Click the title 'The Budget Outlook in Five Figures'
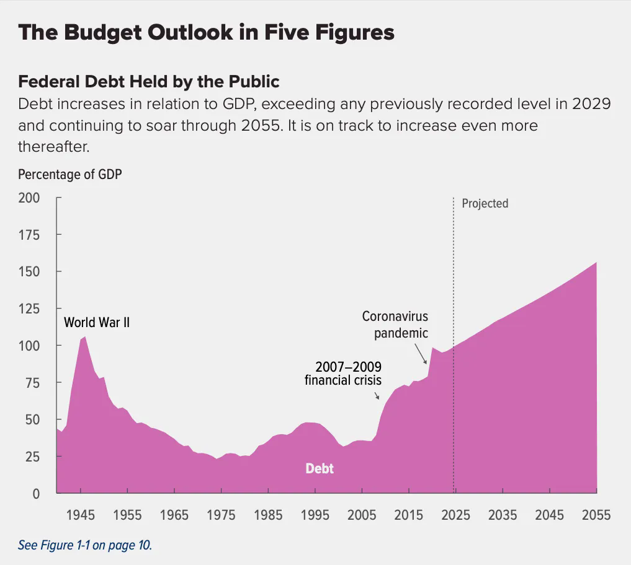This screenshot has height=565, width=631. tap(205, 32)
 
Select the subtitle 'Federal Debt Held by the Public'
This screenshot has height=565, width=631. tap(149, 81)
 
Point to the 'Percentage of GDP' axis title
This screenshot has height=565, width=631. tap(69, 174)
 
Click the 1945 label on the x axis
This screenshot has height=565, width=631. tap(81, 515)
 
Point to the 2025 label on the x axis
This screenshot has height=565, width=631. tap(455, 515)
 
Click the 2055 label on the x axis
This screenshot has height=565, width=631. tap(596, 515)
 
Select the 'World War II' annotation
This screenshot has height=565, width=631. tap(97, 323)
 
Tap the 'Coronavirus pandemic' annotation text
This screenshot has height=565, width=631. tap(395, 325)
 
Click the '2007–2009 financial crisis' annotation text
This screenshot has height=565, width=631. tap(343, 373)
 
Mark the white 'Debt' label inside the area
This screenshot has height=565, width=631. tap(320, 468)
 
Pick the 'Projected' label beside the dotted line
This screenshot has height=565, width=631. tap(485, 203)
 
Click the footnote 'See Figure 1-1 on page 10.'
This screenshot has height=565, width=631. tap(85, 545)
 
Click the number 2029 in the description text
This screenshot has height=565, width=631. tap(591, 103)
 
